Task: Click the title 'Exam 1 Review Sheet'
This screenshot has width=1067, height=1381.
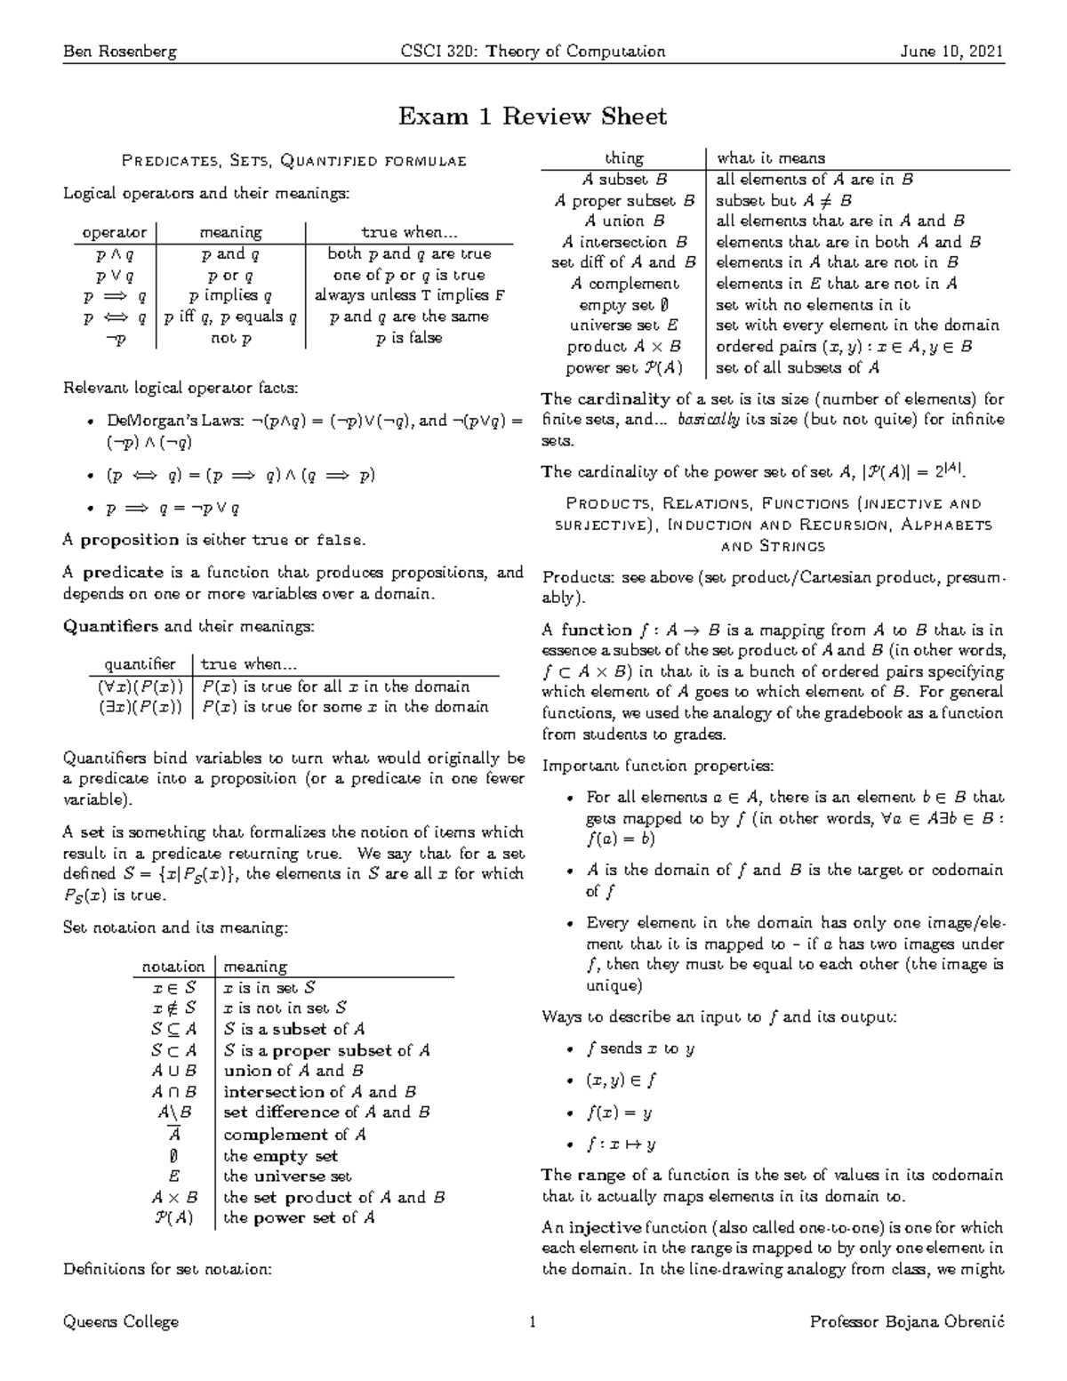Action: [532, 116]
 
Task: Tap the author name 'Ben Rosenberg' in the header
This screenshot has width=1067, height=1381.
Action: [120, 51]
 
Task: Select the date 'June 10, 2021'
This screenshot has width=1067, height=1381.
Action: [951, 51]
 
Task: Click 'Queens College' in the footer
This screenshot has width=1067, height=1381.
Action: [121, 1321]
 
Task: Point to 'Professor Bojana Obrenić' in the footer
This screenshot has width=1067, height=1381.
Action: [907, 1321]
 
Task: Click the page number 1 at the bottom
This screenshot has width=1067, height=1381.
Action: [533, 1321]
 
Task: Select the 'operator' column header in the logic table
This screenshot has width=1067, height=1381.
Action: [114, 232]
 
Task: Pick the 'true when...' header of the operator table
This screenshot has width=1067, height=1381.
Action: [409, 232]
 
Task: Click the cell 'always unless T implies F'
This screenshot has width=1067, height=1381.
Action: [409, 295]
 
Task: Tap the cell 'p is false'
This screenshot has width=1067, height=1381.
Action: [409, 338]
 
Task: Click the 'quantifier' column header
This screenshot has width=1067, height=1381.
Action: [140, 664]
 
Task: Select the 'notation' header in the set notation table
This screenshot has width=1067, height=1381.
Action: [173, 967]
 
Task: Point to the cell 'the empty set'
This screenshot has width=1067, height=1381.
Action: [280, 1156]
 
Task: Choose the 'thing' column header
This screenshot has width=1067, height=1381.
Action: [623, 158]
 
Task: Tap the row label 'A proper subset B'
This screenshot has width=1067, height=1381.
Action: [623, 200]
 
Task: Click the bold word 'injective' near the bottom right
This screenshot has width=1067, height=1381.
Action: [605, 1228]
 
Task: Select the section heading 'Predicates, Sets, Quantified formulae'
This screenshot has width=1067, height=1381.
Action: [293, 161]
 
